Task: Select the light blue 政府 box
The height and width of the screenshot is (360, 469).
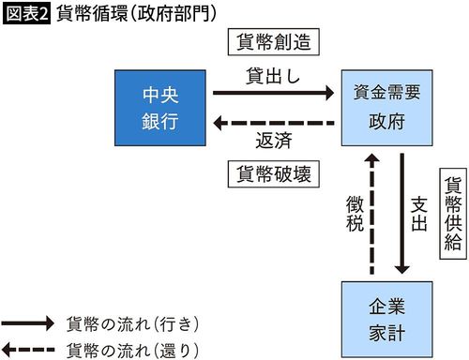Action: click(x=385, y=108)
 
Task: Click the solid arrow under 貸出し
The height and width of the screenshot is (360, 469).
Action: click(x=273, y=93)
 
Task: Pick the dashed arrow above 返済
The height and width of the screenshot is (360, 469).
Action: click(x=273, y=122)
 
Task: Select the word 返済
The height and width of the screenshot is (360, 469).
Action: click(x=271, y=141)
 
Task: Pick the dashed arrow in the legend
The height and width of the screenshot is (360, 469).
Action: click(x=29, y=349)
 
